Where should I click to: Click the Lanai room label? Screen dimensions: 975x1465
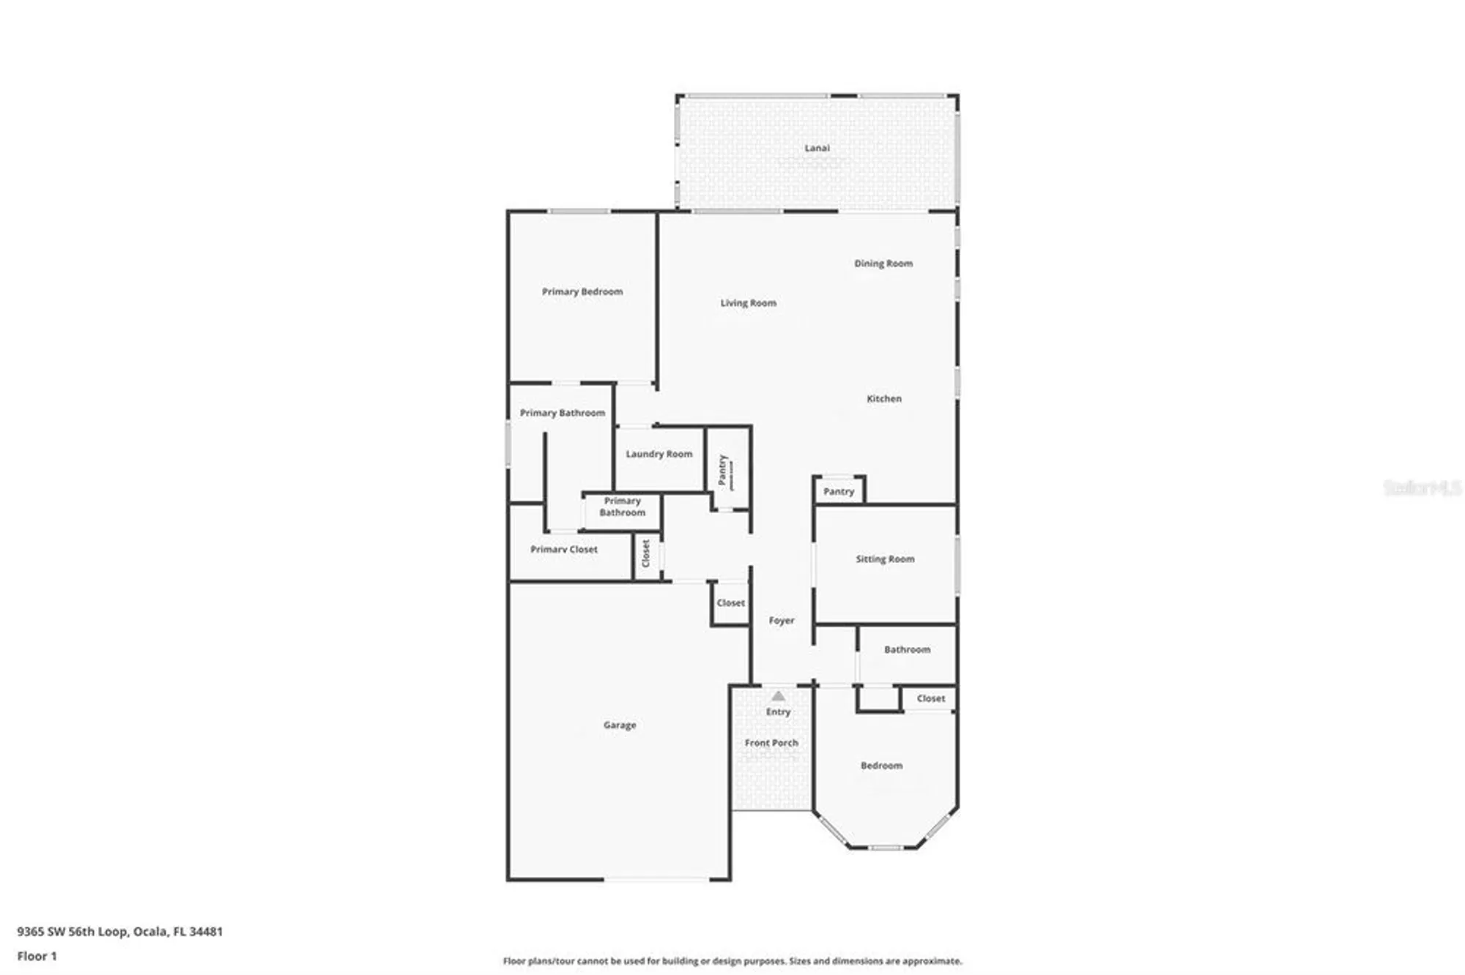point(817,148)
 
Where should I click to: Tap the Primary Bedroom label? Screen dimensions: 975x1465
point(582,291)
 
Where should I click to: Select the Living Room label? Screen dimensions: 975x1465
point(748,303)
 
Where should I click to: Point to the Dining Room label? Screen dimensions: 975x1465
point(883,264)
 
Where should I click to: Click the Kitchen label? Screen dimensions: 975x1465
point(884,399)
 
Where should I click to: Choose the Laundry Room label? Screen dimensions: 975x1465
point(659,454)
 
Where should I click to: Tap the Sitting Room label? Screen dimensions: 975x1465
point(885,559)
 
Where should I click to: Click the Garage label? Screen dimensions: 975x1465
point(620,725)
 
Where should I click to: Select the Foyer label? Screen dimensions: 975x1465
point(782,621)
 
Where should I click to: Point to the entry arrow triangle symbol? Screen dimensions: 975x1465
point(779,696)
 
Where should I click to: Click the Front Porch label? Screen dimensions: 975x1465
point(771,743)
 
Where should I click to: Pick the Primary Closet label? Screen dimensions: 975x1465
point(564,549)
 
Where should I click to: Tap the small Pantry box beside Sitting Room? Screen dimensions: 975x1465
point(839,492)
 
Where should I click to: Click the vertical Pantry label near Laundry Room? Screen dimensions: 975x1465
point(724,470)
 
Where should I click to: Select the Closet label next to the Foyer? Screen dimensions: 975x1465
point(730,603)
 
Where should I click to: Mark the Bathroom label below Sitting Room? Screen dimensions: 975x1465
point(907,650)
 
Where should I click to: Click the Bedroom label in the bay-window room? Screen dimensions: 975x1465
point(881,766)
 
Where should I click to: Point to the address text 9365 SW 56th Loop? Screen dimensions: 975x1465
point(120,932)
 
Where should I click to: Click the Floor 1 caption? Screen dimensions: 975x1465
point(37,956)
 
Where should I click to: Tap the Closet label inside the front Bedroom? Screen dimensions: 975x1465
point(931,699)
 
